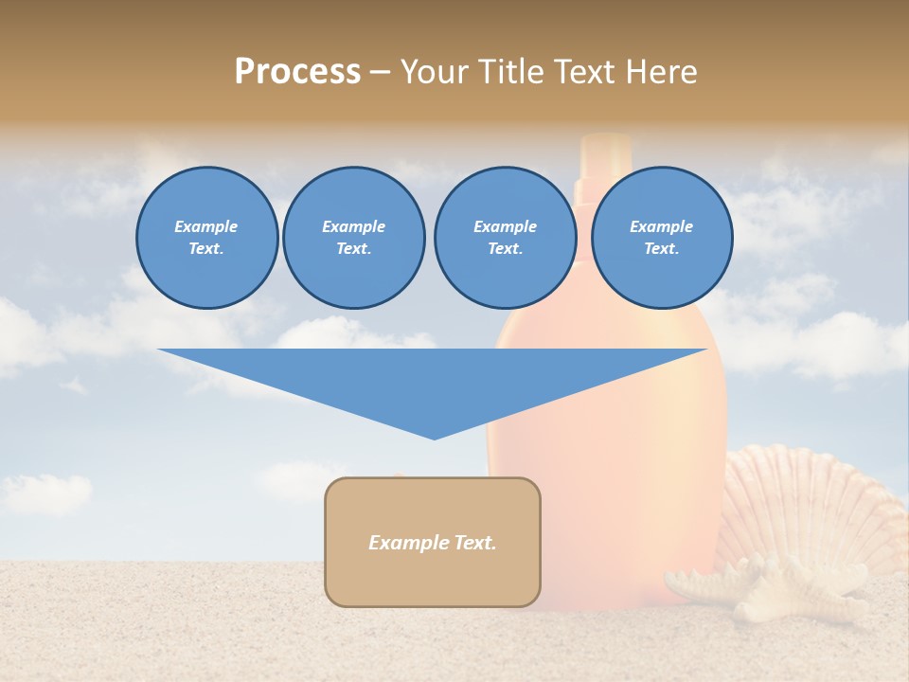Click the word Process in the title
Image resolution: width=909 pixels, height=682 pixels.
tap(297, 72)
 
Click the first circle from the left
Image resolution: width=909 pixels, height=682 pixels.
tap(206, 238)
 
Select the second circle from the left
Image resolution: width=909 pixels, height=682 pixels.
tap(353, 238)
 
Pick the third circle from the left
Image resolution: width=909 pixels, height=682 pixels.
tap(505, 238)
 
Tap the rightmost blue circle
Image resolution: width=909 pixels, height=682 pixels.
tap(661, 238)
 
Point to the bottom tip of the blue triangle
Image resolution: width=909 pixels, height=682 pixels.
tap(434, 438)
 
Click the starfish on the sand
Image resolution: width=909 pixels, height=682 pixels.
tap(748, 588)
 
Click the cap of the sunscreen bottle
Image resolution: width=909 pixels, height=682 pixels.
tap(606, 156)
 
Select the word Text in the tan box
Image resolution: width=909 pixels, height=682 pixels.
tap(474, 543)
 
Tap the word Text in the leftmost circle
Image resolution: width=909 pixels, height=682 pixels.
tap(206, 249)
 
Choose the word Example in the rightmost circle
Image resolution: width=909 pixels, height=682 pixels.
tap(661, 226)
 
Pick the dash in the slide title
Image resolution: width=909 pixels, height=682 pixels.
tap(381, 72)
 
